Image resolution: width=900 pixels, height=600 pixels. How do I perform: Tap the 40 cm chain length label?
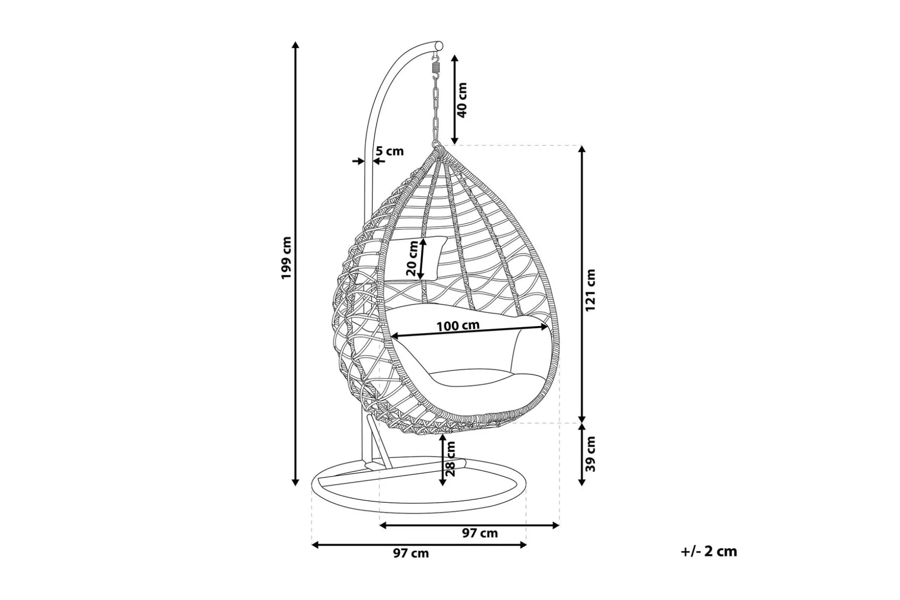click(x=462, y=100)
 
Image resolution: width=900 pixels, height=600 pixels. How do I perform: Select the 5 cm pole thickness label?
click(x=390, y=151)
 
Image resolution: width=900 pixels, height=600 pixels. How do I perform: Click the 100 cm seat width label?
click(x=458, y=326)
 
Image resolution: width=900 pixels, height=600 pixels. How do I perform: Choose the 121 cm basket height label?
click(x=590, y=290)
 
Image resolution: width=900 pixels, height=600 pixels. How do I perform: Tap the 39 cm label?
click(x=590, y=454)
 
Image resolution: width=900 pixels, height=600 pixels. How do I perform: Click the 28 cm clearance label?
click(x=450, y=459)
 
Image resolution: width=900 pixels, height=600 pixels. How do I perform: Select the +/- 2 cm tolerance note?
click(x=709, y=551)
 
